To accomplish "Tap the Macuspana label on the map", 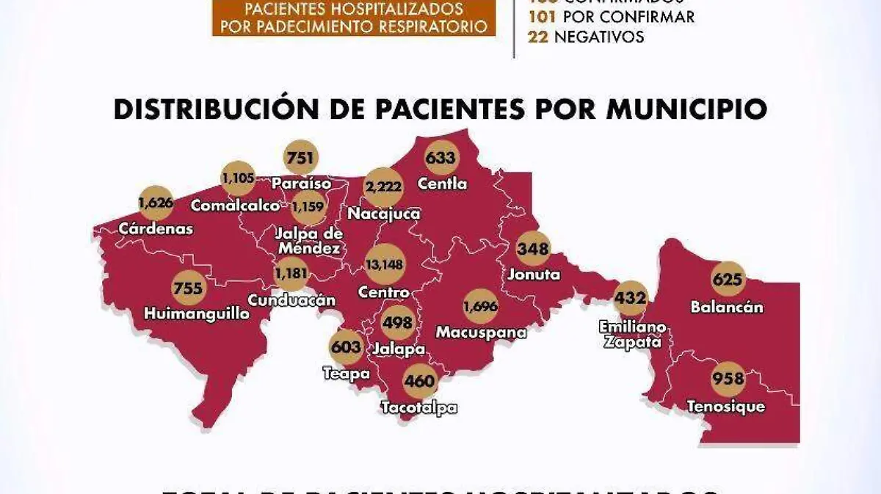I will click(481, 333).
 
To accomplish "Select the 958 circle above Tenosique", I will click(728, 380).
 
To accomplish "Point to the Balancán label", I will click(727, 307).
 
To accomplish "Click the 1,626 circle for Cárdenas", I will click(156, 202).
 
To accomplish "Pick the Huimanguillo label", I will click(197, 313).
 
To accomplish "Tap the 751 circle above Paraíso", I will click(300, 158).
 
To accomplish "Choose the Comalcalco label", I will click(235, 206).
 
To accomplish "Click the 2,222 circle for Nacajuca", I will click(383, 187).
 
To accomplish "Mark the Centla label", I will click(442, 184).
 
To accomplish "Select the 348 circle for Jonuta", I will click(533, 249).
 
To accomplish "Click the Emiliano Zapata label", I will click(632, 334).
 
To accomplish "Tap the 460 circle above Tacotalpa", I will click(420, 382).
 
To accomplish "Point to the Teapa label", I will click(345, 373).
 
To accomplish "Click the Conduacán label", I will click(291, 300).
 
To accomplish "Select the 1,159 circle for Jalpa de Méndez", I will click(308, 208).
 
